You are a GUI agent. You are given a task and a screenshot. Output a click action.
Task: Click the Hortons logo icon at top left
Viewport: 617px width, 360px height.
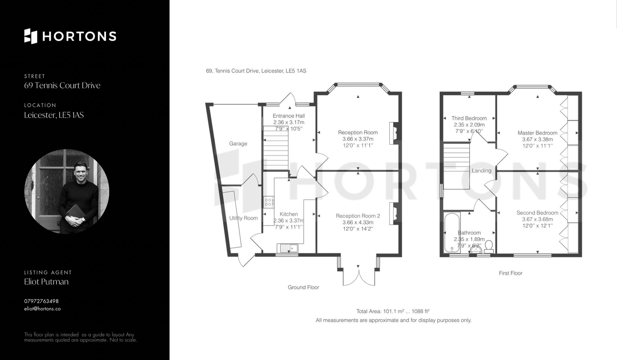point(31,36)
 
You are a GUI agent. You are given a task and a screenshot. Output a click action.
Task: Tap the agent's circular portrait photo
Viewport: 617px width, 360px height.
point(67,191)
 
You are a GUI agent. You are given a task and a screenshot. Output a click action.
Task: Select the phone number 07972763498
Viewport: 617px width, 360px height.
point(41,301)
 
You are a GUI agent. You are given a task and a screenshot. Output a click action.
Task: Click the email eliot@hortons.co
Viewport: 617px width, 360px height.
point(43,309)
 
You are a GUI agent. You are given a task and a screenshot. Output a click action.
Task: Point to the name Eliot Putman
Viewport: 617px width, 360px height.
point(46,282)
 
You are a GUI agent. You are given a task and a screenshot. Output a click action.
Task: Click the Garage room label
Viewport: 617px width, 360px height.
point(238,144)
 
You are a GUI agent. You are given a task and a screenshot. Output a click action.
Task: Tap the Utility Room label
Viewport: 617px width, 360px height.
point(243,218)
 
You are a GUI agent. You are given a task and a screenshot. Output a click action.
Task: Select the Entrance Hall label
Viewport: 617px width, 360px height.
point(289,116)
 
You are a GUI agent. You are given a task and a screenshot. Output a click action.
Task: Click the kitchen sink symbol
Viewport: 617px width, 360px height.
point(288,248)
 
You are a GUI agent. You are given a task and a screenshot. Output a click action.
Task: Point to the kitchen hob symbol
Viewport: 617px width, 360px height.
point(268,202)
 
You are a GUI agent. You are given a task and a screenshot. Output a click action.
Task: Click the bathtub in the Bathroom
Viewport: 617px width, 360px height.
point(452,232)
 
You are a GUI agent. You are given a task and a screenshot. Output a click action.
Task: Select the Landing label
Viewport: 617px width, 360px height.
point(482,171)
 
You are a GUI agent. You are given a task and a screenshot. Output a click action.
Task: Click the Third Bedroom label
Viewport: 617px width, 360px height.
point(469,118)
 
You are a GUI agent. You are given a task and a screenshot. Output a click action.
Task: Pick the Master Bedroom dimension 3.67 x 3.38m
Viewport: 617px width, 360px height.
point(537,139)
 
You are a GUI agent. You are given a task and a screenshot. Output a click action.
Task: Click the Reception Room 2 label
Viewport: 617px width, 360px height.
point(358,216)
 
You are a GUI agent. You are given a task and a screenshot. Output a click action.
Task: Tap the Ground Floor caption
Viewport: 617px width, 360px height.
point(303,287)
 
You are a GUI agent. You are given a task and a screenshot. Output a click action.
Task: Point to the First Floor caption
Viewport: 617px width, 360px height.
point(511,273)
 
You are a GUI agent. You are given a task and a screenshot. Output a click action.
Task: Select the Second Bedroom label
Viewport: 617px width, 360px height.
point(537,213)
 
